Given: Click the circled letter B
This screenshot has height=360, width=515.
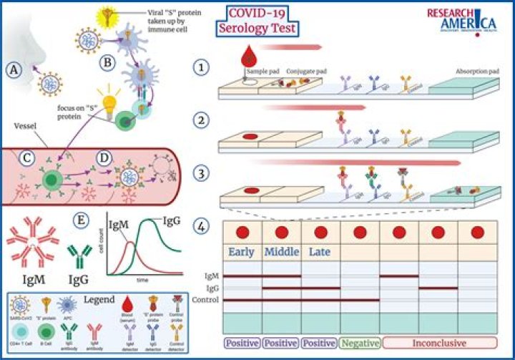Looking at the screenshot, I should point(107,62).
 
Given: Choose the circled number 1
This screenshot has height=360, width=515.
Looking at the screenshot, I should point(202,67).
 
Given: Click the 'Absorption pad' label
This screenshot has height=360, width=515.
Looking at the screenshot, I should point(476,72).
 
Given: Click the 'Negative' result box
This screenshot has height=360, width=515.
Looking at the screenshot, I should point(360,342).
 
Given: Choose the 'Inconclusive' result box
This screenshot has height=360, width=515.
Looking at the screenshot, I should point(440,342).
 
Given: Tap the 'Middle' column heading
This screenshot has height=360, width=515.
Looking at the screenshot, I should point(281,252).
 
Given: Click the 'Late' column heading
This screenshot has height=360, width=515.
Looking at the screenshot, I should point(320,252).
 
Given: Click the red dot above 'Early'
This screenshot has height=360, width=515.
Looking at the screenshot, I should point(242,233).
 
